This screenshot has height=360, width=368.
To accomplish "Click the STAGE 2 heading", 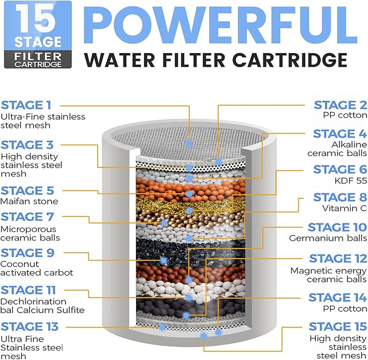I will click(x=340, y=105).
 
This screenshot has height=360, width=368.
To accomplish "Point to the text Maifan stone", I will click(x=29, y=202).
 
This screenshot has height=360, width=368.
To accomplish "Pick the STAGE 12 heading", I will click(x=338, y=259).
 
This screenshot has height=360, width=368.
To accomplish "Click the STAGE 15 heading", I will click(x=338, y=326).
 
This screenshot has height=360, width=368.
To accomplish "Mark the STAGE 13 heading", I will click(x=30, y=327).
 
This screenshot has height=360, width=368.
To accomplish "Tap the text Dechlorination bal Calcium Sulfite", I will click(x=42, y=306).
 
